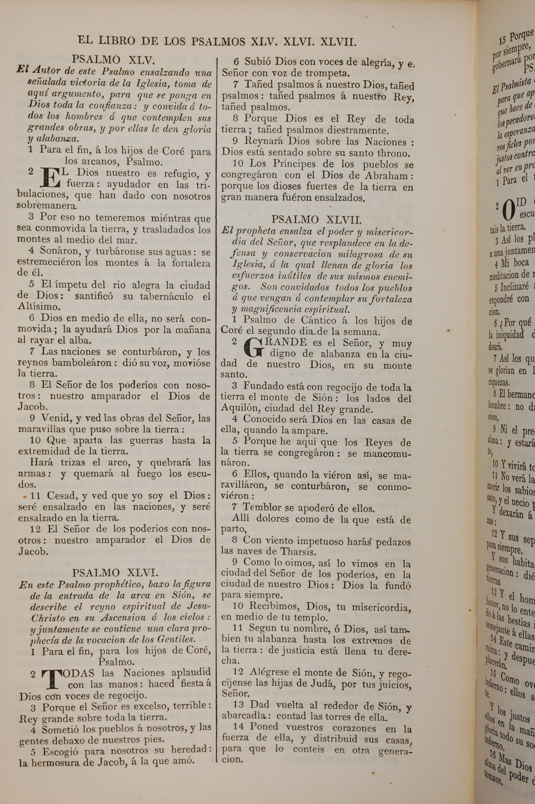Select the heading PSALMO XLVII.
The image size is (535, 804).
[x=316, y=219]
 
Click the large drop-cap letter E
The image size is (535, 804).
[x=50, y=178]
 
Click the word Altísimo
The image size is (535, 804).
[x=39, y=306]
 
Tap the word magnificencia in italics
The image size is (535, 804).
[x=270, y=309]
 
